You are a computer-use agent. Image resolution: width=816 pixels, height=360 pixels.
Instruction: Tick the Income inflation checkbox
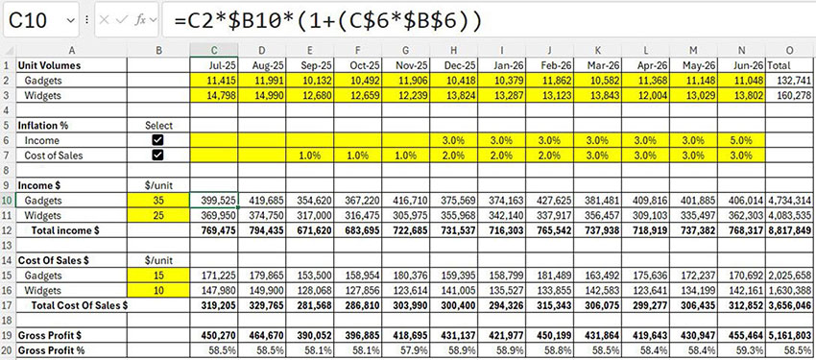[158, 140]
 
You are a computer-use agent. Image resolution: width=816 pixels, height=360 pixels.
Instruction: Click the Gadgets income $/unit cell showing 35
[158, 200]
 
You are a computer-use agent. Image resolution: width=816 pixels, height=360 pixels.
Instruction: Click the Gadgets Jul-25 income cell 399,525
[215, 200]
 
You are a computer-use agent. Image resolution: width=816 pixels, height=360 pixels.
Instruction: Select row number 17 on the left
[9, 304]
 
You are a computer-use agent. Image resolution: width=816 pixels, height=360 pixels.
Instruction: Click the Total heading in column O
[781, 65]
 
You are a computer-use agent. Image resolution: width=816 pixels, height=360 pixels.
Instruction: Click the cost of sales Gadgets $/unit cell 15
[158, 276]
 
